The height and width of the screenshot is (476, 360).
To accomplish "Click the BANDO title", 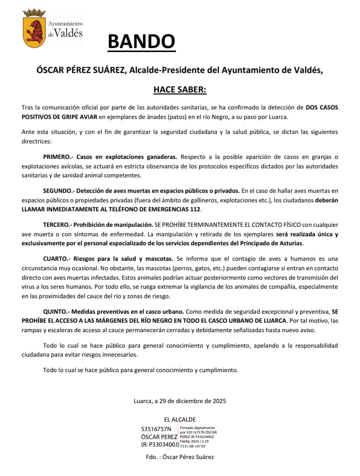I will tap(141, 41).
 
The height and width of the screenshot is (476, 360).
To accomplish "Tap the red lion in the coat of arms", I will tap(34, 31).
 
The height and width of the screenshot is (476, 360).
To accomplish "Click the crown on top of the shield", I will tap(34, 12).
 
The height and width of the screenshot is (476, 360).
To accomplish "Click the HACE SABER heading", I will tap(179, 90).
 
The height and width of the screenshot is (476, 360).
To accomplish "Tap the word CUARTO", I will tap(56, 259).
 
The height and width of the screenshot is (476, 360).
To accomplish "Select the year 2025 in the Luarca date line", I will tap(218, 401).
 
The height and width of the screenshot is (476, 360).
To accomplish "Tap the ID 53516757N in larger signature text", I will tap(156, 429).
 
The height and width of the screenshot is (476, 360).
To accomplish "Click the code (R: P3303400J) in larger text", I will tap(160, 444).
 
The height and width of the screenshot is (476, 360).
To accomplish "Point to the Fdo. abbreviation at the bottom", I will tap(151, 457).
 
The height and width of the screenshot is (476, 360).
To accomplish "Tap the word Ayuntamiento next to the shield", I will tap(65, 23).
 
